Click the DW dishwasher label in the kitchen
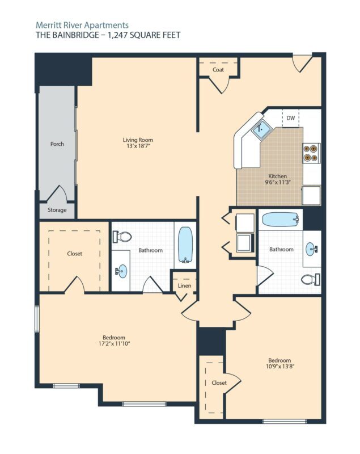[290, 118]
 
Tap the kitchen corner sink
[260, 129]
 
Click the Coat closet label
[218, 70]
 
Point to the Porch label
[57, 144]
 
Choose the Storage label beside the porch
[57, 210]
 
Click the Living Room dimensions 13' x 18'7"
[138, 146]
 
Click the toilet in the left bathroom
[124, 236]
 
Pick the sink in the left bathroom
[121, 271]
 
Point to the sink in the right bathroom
[311, 249]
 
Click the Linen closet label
[184, 285]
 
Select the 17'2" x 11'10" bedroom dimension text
[117, 343]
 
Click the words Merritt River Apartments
[82, 25]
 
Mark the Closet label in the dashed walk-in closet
[74, 254]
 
